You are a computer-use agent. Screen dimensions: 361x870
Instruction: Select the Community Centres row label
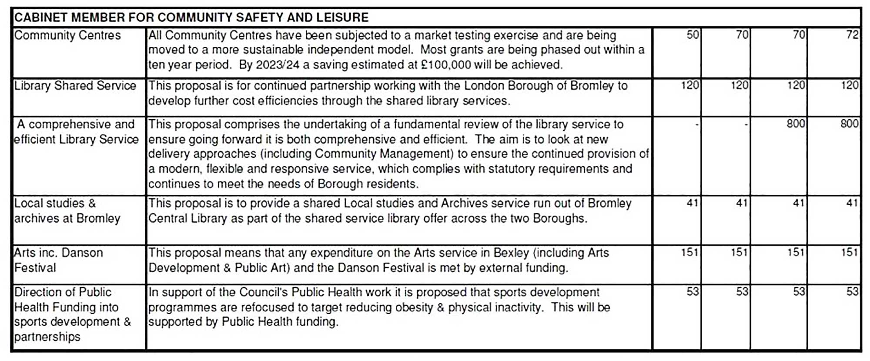click(67, 35)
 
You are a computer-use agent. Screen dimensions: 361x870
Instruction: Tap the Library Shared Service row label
click(75, 86)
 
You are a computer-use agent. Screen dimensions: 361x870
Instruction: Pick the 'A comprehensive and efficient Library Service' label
click(76, 132)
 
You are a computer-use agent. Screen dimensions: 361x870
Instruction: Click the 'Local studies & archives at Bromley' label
click(67, 211)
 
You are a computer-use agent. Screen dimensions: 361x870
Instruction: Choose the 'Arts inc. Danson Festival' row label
click(58, 260)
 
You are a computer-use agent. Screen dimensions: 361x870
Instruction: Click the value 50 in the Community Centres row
click(693, 35)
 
